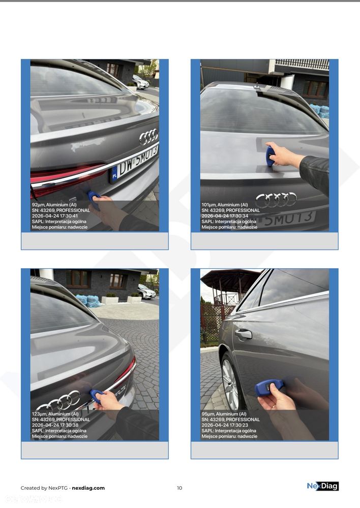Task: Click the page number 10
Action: pos(179,488)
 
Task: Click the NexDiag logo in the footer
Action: pos(322,486)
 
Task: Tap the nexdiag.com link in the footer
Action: pos(88,488)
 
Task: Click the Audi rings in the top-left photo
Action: pos(148,136)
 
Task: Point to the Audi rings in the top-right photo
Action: pos(276,200)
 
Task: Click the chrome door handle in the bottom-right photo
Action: pos(244,333)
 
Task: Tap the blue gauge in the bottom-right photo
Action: pos(268,388)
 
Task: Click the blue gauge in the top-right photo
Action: pos(270,155)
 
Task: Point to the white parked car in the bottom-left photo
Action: pos(146,292)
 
